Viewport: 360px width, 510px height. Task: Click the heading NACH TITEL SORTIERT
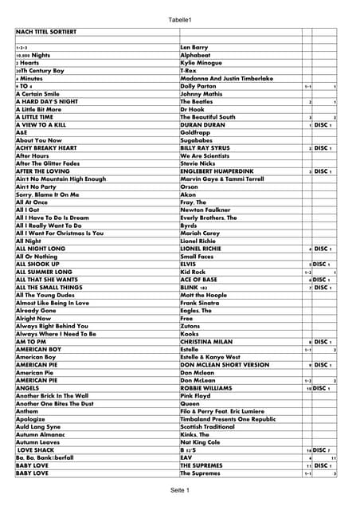[46, 31]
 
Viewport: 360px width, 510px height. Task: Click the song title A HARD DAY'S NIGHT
[47, 101]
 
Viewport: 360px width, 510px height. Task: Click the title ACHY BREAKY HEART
[46, 148]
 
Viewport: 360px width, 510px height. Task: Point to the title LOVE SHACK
[37, 450]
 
